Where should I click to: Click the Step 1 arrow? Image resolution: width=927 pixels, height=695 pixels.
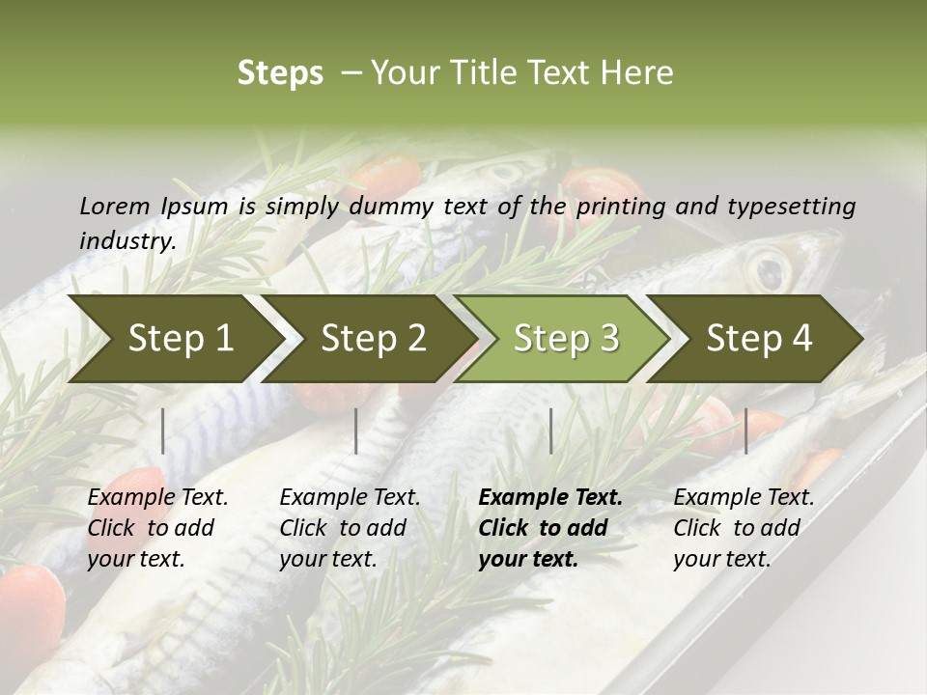coord(174,339)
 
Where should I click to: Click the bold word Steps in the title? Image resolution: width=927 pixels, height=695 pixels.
coord(280,73)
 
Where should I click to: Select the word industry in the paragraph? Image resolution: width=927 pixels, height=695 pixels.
coord(126,240)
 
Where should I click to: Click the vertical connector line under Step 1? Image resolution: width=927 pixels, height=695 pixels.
coord(163,431)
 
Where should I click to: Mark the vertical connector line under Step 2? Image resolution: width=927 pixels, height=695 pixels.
coord(356,431)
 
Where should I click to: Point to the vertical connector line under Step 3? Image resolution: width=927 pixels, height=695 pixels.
coord(551,431)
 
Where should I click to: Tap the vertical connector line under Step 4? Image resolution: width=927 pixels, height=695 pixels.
coord(746,431)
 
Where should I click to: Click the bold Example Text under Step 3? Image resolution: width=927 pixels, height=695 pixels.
coord(550,498)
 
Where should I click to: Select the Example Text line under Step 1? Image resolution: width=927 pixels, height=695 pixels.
coord(157,498)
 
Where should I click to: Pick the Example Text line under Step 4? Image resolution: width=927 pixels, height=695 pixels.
coord(744,498)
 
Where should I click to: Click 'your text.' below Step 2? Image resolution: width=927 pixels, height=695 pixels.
coord(327,559)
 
